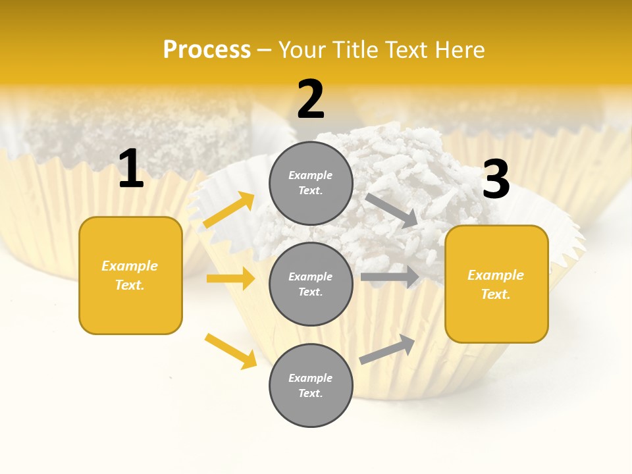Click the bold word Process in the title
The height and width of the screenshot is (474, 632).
coord(207,50)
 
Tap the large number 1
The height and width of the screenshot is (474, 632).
coord(131,169)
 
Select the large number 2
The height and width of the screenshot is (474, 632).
coord(311,99)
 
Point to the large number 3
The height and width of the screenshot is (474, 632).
coord(496,180)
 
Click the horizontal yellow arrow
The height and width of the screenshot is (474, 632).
coord(230,278)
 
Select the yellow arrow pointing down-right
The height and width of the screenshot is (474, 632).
coord(230,351)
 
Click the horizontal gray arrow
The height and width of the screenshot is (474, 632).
coord(390,276)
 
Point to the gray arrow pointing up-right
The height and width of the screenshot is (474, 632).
coord(388,349)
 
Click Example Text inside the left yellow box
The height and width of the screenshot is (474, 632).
coord(130,275)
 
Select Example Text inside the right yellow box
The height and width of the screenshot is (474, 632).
coord(496,284)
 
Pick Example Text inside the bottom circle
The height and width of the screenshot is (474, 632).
coord(311,385)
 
